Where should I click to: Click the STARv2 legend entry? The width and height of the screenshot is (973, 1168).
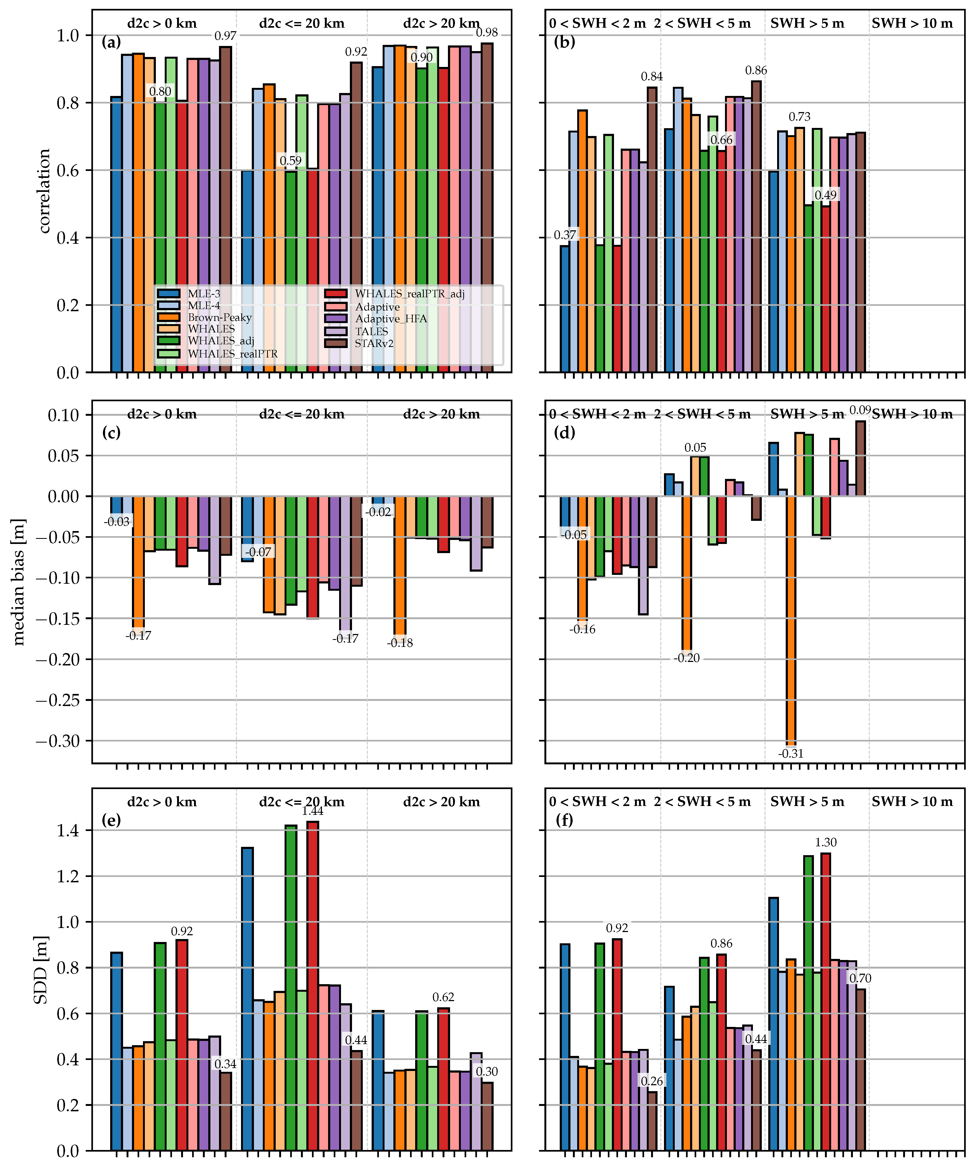[x=374, y=343]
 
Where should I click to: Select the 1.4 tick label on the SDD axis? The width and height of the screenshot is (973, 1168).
[x=68, y=830]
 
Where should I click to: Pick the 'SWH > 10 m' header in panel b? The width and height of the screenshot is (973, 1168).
[x=912, y=23]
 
